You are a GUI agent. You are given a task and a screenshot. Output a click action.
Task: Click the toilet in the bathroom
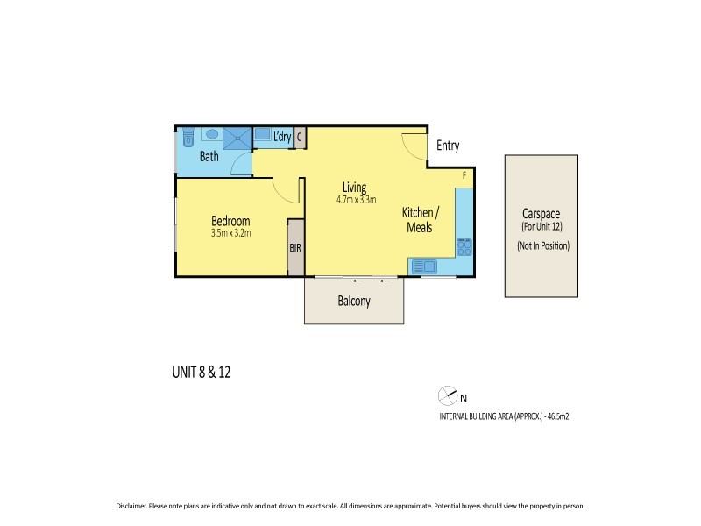pos(186,138)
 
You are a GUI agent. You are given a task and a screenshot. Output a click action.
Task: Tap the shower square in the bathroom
pos(236,138)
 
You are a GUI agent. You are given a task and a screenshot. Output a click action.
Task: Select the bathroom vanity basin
pos(210,135)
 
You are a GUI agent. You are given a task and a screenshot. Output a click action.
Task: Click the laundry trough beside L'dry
pos(262,137)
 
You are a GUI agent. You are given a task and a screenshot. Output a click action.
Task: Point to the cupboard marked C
pos(300,137)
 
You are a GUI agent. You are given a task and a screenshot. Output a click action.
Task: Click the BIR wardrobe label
pos(295,248)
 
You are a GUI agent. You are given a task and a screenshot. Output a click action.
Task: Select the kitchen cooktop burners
pos(464,247)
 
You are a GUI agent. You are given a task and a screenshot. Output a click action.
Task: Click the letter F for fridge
pos(464,175)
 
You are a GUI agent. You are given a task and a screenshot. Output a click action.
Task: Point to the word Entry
pos(447,146)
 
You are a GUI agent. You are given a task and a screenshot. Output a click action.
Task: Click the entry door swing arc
pos(414,146)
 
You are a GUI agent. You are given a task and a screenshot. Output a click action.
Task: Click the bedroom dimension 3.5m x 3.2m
pos(230,234)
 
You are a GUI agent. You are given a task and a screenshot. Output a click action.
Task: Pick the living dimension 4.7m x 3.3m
pos(356,200)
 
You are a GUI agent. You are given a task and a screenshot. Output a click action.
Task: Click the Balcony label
pos(354,302)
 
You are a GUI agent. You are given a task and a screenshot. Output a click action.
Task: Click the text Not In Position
pos(543,246)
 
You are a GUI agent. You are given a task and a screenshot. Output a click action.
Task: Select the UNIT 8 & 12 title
pos(201,372)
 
